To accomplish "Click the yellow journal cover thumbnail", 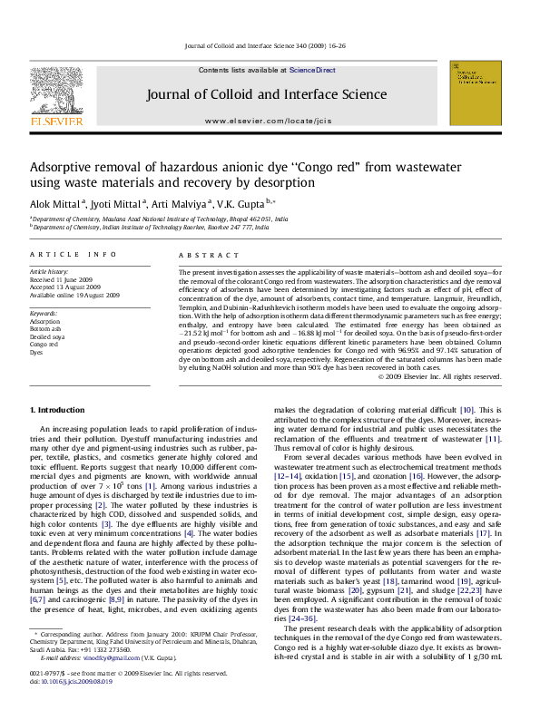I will pos(475,93).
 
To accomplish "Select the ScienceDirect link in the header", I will pos(313,70).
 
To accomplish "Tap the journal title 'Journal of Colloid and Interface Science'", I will pos(267,94).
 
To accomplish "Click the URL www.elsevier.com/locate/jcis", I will pos(267,121).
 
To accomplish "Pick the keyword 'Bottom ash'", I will pos(45,329).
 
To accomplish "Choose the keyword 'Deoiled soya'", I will pos(47,336).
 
